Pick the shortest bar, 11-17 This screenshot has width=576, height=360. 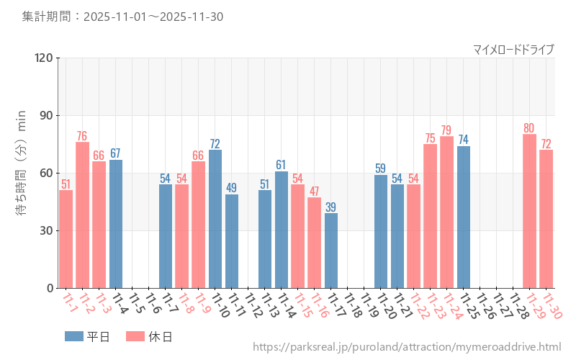pos(331,250)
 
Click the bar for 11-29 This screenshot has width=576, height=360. pos(529,211)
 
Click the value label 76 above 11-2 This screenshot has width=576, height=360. pos(82,136)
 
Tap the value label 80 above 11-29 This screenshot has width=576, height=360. pos(529,128)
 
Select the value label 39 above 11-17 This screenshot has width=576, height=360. pos(331,207)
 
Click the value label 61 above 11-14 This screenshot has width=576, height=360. pos(282,165)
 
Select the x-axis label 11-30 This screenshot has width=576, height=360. pos(553,305)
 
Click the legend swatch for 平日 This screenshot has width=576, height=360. pos(74,336)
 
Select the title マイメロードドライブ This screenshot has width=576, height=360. pos(513,49)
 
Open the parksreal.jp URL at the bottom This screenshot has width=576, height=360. pos(407,348)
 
